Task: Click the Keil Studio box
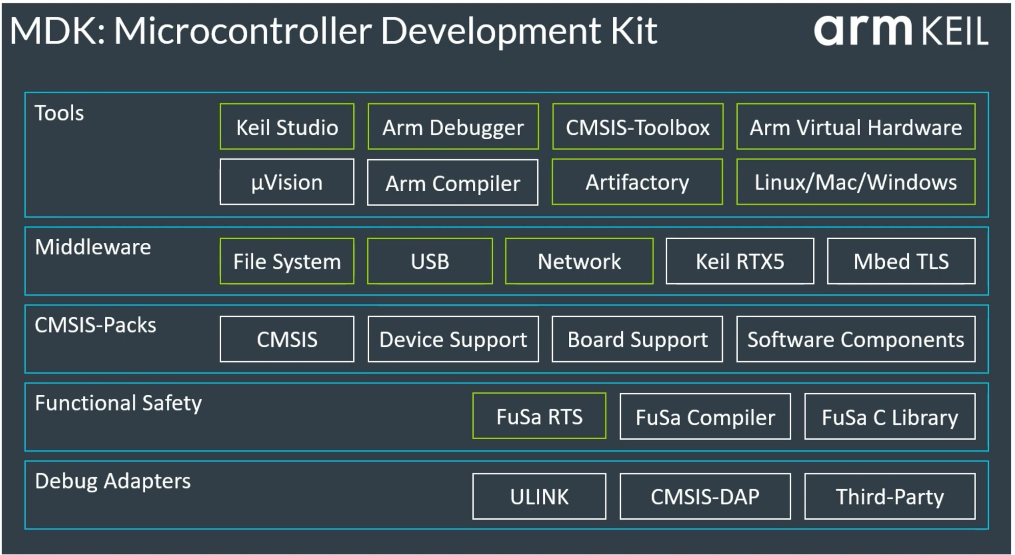pos(287,127)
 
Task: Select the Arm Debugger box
pos(453,127)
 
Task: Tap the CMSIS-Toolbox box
pos(637,127)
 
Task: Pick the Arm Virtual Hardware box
pos(855,127)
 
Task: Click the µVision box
pos(287,182)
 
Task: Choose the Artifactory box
pos(637,182)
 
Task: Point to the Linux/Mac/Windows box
pos(855,182)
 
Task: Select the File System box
pos(287,261)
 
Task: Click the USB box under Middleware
pos(430,261)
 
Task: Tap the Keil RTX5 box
pos(740,261)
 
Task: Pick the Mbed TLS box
pos(901,261)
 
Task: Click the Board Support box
pos(637,339)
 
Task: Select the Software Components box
pos(855,339)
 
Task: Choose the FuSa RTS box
pos(539,416)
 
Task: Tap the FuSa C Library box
pos(889,416)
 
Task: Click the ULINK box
pos(539,496)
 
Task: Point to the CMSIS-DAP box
pos(705,496)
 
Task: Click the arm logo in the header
pos(862,31)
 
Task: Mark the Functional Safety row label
pos(118,403)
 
